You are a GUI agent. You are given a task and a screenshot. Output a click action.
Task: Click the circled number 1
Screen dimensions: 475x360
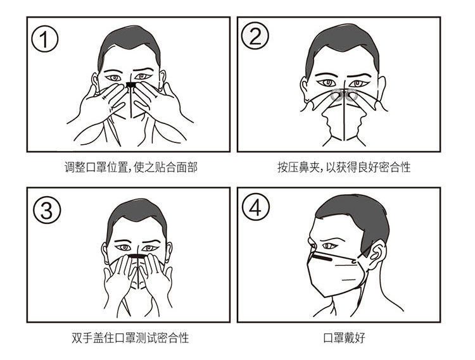(x=45, y=39)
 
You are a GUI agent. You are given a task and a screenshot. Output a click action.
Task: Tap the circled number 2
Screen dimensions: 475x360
(x=255, y=36)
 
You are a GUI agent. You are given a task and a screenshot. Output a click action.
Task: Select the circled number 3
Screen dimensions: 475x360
(x=47, y=209)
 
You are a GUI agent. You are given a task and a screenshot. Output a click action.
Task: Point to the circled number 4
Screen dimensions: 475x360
(x=256, y=207)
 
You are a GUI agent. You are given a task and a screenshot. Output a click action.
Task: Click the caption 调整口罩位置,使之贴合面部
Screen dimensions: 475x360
(x=131, y=167)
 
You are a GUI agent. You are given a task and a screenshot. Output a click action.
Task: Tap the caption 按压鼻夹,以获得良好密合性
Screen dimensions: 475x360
(x=344, y=167)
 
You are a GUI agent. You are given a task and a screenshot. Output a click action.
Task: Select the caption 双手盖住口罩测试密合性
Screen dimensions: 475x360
(x=130, y=338)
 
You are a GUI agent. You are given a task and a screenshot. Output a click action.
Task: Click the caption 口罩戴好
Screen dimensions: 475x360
(x=344, y=338)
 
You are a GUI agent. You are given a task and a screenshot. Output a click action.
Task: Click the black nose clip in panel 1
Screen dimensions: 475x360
(x=131, y=85)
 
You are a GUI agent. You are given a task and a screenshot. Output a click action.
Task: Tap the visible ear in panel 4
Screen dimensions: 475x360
(x=376, y=253)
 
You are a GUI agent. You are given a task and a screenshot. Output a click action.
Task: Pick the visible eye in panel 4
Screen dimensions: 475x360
(x=330, y=245)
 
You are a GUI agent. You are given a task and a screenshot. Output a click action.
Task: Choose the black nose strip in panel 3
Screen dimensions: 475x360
(x=137, y=256)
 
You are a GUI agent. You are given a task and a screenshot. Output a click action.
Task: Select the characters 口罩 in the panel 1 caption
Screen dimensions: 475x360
(x=96, y=167)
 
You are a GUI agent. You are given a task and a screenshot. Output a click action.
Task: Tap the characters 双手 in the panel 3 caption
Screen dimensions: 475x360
(x=82, y=338)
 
